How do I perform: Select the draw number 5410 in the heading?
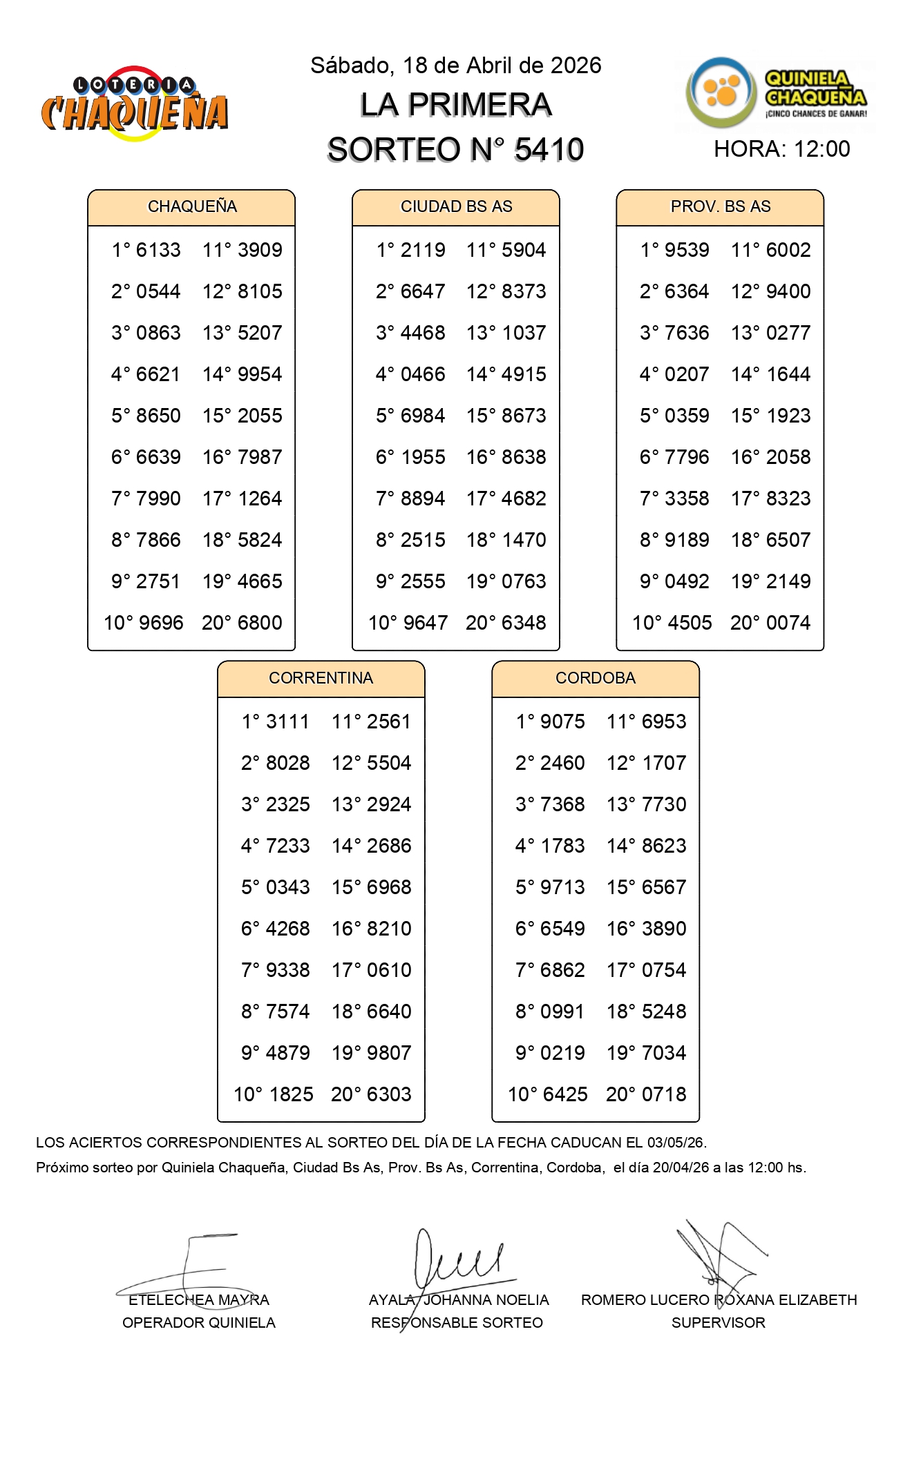point(549,149)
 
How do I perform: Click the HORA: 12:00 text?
point(781,149)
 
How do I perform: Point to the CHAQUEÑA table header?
point(191,206)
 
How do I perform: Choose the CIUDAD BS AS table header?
point(456,206)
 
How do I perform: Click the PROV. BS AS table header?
point(720,206)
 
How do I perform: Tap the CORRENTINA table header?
point(321,678)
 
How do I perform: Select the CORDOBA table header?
point(595,678)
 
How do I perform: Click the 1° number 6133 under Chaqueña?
point(158,250)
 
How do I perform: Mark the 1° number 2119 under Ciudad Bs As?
point(423,250)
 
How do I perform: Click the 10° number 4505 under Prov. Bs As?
point(687,623)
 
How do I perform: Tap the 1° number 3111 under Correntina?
point(287,722)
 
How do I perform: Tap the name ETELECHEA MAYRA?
point(198,1300)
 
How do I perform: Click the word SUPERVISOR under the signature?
point(718,1323)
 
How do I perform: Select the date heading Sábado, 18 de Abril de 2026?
point(455,66)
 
